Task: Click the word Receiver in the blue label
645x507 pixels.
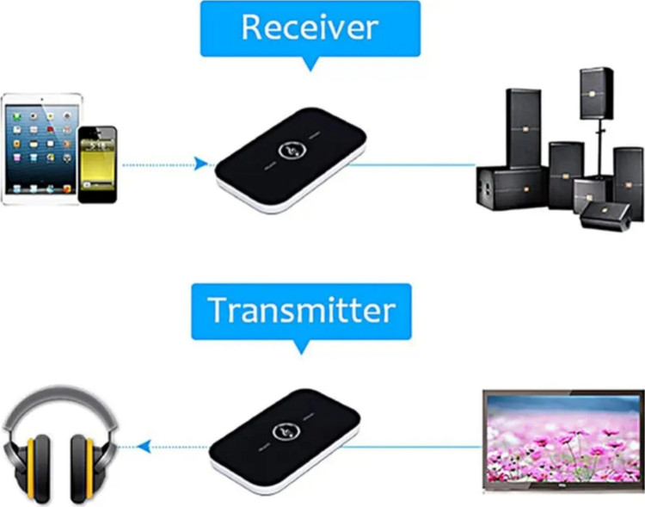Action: [310, 28]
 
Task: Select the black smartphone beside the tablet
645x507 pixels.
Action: [97, 164]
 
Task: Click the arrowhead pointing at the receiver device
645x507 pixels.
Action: [201, 164]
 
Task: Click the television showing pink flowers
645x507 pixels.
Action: [562, 438]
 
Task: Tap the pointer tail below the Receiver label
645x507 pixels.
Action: [310, 63]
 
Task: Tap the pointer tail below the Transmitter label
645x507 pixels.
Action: [302, 346]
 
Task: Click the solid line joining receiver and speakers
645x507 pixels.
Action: [413, 164]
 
